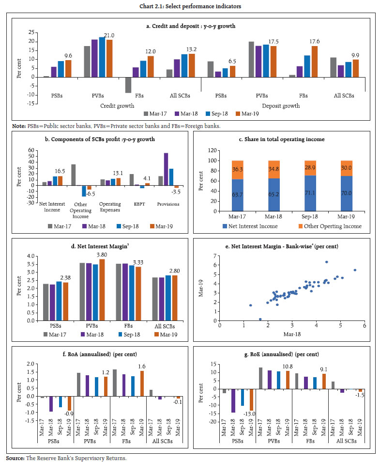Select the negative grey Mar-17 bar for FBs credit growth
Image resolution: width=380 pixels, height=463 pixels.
pyautogui.click(x=128, y=85)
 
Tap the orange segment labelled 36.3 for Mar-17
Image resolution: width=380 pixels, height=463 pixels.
pyautogui.click(x=238, y=168)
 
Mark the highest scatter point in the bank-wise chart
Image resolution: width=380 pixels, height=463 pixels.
pyautogui.click(x=326, y=262)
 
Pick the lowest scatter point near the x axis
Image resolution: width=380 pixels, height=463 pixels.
pyautogui.click(x=260, y=319)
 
